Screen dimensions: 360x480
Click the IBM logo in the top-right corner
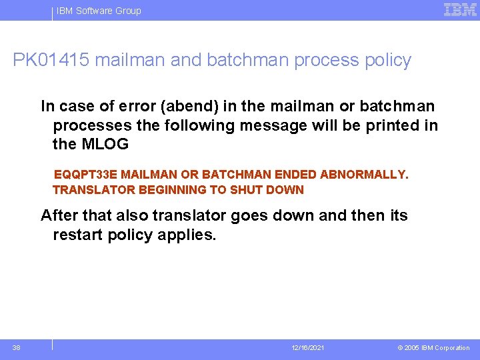click(x=460, y=9)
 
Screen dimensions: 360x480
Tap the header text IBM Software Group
click(x=99, y=11)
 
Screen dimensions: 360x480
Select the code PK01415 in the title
click(x=51, y=60)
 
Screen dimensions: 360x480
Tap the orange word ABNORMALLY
click(x=363, y=175)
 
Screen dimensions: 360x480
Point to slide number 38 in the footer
click(x=16, y=347)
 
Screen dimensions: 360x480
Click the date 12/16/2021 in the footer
click(x=307, y=348)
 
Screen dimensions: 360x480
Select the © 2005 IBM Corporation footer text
click(x=433, y=348)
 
